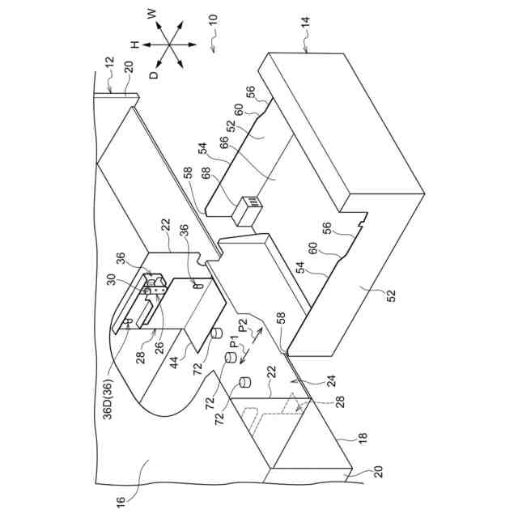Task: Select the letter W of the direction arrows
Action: click(151, 14)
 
